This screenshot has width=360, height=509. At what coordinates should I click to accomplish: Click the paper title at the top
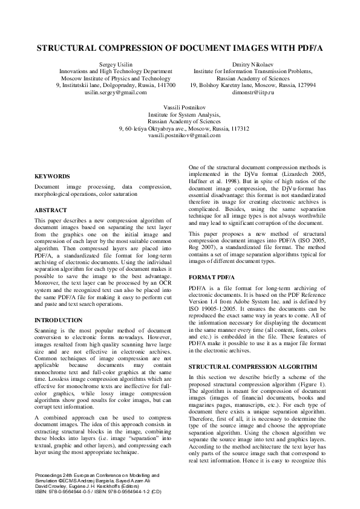coord(180,47)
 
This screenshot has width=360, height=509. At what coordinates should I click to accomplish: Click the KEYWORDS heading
coord(52,176)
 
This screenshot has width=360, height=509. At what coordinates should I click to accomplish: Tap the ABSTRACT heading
coord(51,210)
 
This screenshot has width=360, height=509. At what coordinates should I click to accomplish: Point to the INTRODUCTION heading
coord(59,320)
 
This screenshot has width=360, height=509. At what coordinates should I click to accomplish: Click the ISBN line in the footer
coord(93,491)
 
